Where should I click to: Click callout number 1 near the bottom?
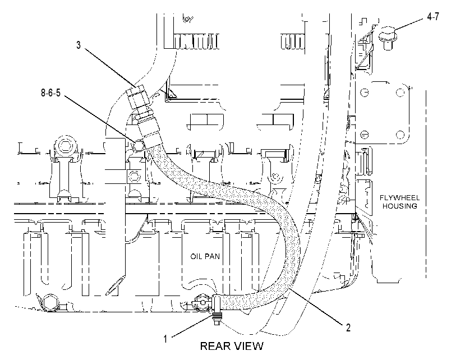[165, 339]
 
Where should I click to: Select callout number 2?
[348, 327]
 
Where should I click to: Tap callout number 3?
[79, 45]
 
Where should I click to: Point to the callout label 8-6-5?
[50, 93]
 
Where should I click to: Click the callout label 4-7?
[433, 17]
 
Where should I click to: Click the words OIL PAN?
[205, 256]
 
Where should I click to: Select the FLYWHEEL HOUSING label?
[399, 202]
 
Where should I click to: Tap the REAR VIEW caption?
[232, 346]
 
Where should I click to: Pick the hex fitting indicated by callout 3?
[137, 96]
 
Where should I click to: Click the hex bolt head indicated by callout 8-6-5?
[139, 146]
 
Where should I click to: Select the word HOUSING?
[399, 206]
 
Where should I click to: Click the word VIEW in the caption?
[248, 346]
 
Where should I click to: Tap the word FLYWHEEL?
[399, 198]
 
